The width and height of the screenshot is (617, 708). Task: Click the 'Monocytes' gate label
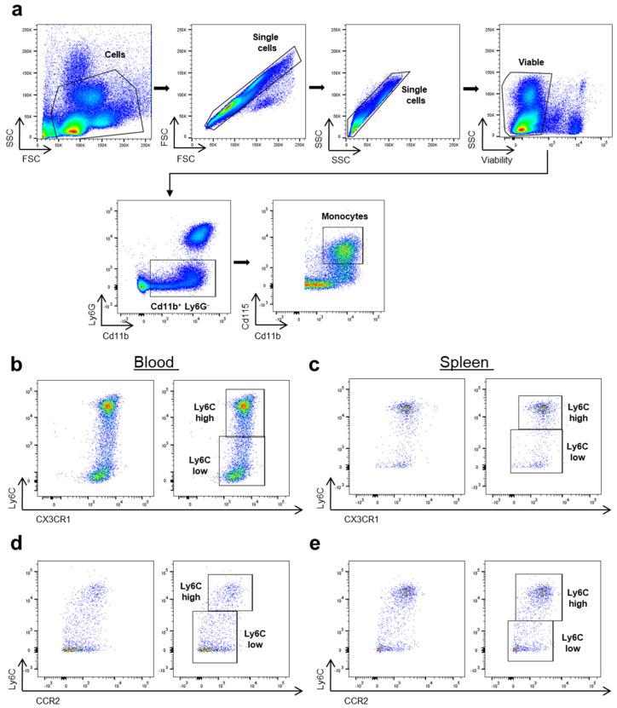(341, 217)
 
